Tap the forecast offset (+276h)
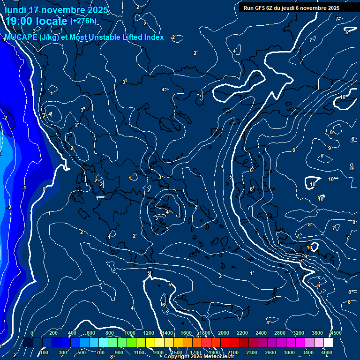click(83, 21)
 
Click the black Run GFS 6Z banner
click(291, 7)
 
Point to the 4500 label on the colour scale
click(336, 333)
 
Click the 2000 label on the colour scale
click(224, 333)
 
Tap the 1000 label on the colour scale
click(129, 333)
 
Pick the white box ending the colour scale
click(328, 343)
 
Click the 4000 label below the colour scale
click(327, 352)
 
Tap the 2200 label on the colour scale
click(242, 333)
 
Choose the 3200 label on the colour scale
click(298, 333)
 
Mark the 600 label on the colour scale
click(91, 333)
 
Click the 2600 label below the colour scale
click(270, 352)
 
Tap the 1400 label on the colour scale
click(167, 333)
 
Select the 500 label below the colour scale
click(82, 352)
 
